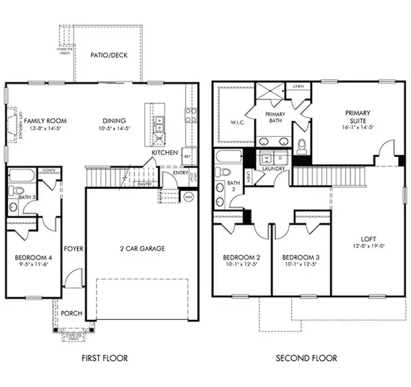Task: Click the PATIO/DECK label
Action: (x=110, y=55)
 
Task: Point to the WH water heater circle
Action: (x=190, y=197)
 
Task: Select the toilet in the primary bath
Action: (x=302, y=145)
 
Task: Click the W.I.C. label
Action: (x=231, y=123)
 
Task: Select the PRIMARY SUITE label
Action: (x=358, y=117)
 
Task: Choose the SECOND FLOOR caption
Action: (x=306, y=358)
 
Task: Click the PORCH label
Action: (x=71, y=314)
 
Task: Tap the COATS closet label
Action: (x=49, y=171)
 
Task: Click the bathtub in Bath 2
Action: (x=229, y=157)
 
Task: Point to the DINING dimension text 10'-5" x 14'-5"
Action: (x=115, y=128)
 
